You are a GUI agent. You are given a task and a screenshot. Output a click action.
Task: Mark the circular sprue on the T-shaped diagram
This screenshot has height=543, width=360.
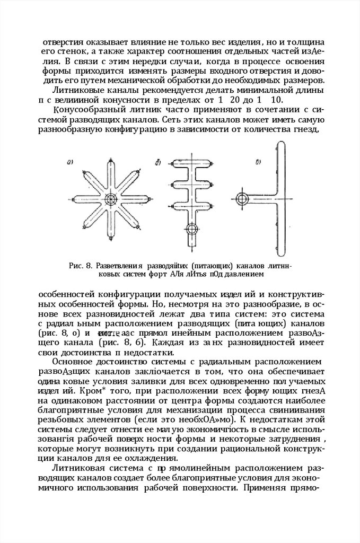[242, 199]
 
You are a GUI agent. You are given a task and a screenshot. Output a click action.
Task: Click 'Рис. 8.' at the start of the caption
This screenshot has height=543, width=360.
[81, 266]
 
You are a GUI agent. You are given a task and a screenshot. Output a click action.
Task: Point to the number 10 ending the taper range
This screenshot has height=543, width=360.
[276, 100]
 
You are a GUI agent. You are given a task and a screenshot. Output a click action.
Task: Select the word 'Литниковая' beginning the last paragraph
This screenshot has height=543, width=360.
[78, 468]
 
